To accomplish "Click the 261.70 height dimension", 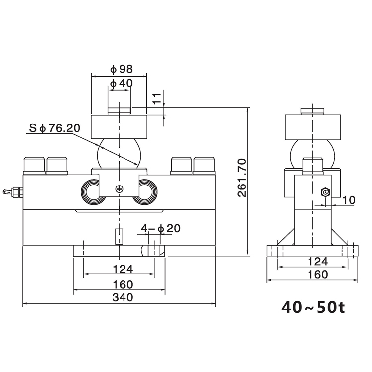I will click(241, 178).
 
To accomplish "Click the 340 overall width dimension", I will click(123, 297).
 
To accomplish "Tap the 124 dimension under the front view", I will click(123, 269).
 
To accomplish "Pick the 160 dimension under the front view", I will click(123, 284).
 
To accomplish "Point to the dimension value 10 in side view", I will click(349, 200).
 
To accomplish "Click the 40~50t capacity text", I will click(312, 308).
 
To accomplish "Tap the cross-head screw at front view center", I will click(119, 188).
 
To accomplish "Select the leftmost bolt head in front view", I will click(34, 165).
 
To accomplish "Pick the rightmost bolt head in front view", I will click(204, 165).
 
